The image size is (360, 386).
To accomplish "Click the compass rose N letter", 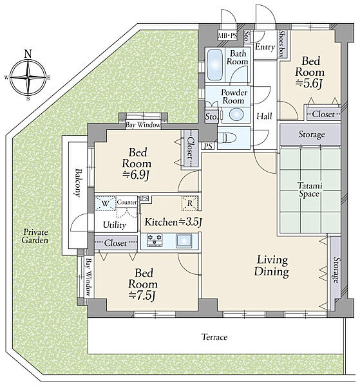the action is pyautogui.click(x=28, y=53).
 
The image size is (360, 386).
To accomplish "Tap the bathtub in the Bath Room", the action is pyautogui.click(x=215, y=65).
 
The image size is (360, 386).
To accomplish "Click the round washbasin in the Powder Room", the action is pyautogui.click(x=236, y=115).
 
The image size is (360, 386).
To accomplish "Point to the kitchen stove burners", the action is pyautogui.click(x=155, y=240).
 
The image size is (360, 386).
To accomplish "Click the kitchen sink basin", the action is pyautogui.click(x=184, y=241).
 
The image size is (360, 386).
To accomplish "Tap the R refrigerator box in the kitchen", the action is pyautogui.click(x=190, y=203).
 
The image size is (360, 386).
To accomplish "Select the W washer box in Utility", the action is pyautogui.click(x=106, y=203).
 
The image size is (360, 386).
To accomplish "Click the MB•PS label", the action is pyautogui.click(x=227, y=36).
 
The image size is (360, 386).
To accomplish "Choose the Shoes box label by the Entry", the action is pyautogui.click(x=282, y=44).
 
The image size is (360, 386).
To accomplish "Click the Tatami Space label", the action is pyautogui.click(x=310, y=190).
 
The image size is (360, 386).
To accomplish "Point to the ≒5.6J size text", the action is pyautogui.click(x=309, y=84).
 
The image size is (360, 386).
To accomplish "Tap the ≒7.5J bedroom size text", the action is pyautogui.click(x=142, y=295).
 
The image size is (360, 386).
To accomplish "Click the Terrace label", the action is pyautogui.click(x=214, y=336).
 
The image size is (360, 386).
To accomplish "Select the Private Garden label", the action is pyautogui.click(x=35, y=236).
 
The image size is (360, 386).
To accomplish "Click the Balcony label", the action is pyautogui.click(x=78, y=183).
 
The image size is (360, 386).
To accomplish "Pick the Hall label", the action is pyautogui.click(x=264, y=116).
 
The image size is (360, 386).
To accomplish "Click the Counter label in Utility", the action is pyautogui.click(x=127, y=203).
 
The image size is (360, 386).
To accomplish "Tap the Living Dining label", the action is pyautogui.click(x=272, y=266).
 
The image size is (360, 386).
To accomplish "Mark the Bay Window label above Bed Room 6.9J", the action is pyautogui.click(x=143, y=125).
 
